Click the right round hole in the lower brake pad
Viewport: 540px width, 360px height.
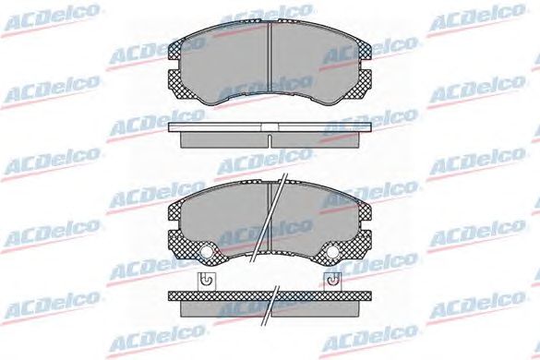[332, 252]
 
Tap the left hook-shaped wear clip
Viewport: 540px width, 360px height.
[206, 282]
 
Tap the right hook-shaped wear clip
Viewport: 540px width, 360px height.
[333, 282]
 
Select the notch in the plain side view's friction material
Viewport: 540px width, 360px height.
[270, 141]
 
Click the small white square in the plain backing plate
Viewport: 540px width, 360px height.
[270, 127]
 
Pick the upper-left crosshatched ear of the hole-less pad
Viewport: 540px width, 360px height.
[175, 50]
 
